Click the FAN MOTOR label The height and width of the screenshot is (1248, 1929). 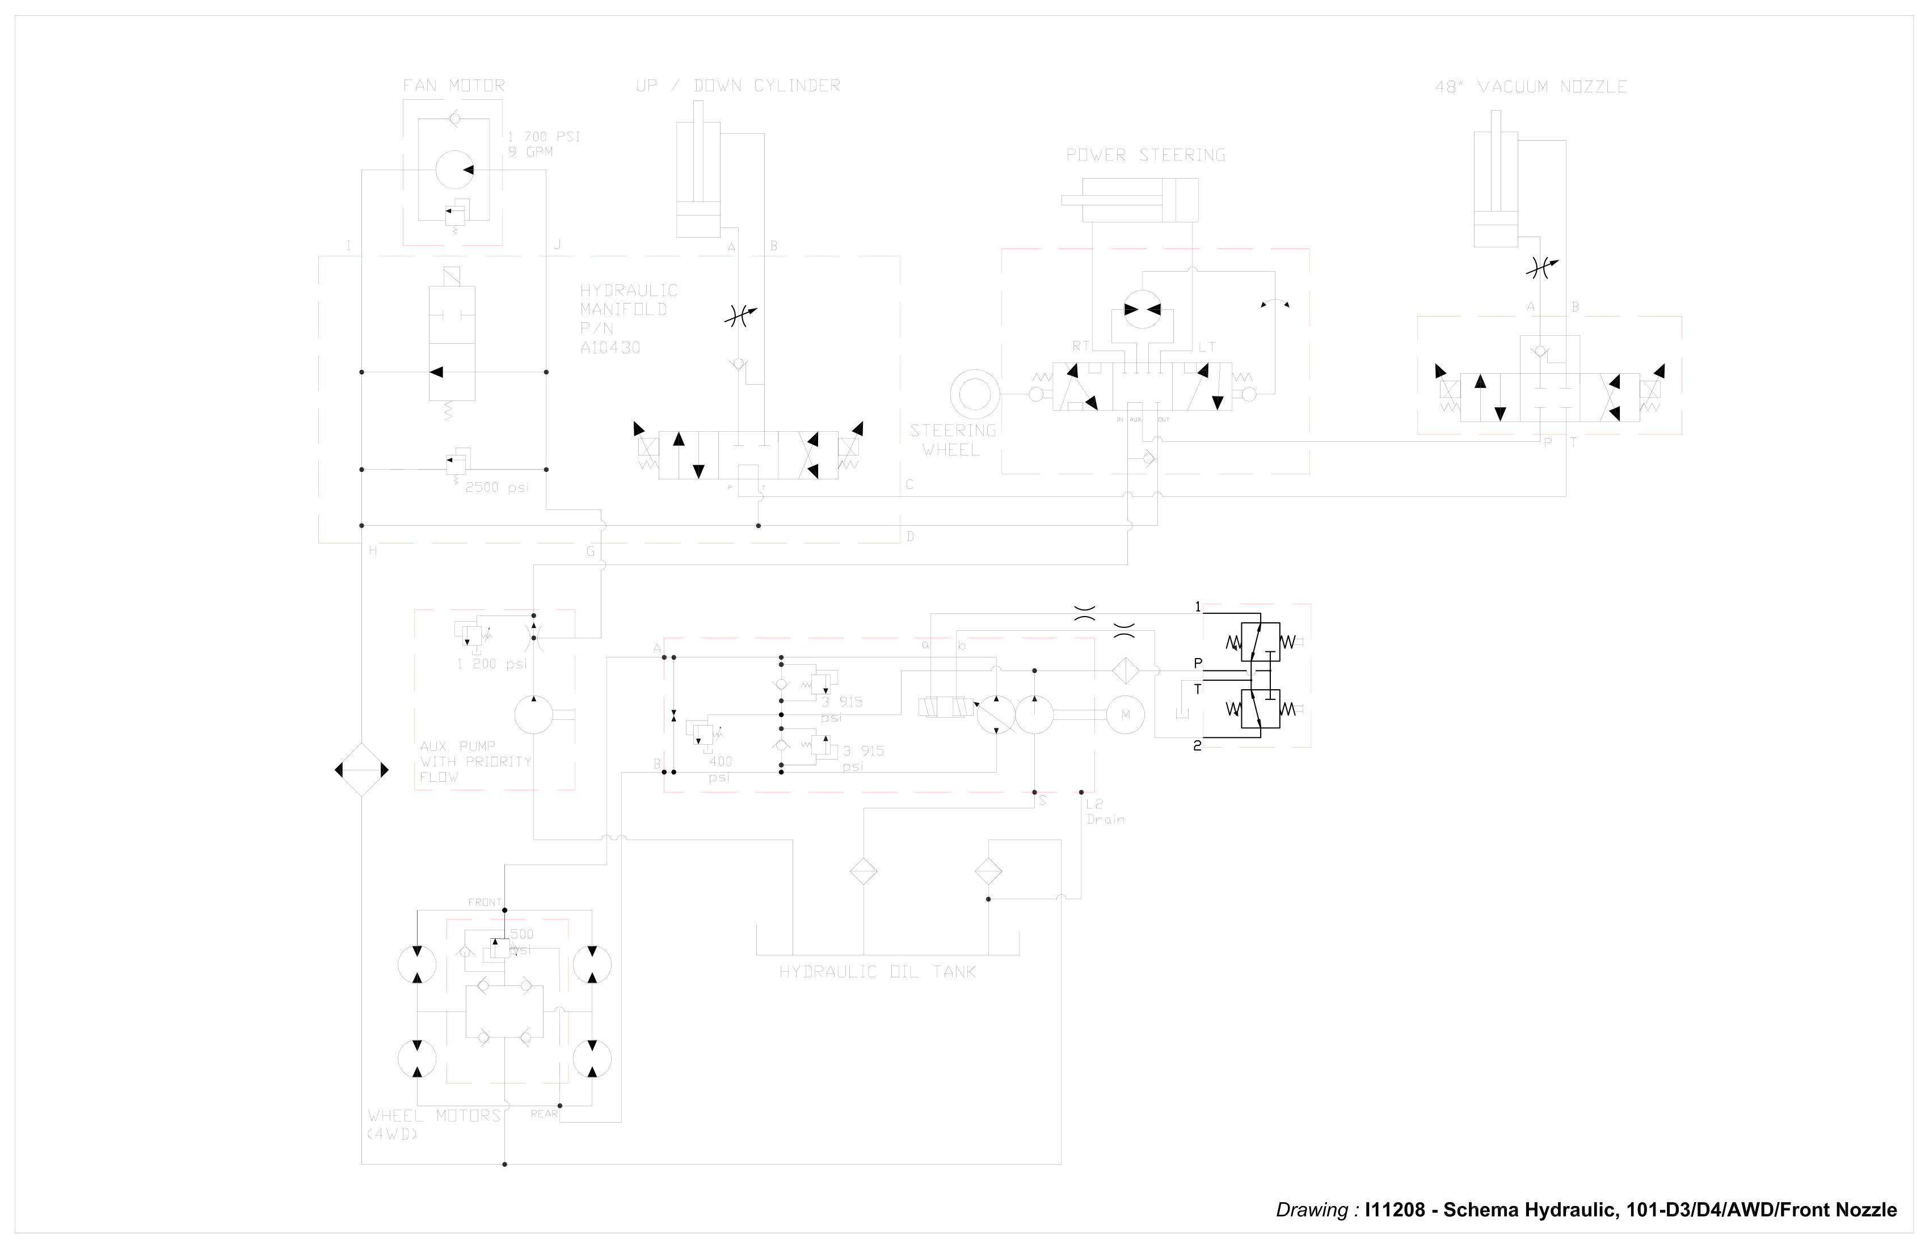pyautogui.click(x=453, y=85)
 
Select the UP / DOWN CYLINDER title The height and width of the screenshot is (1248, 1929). pyautogui.click(x=738, y=85)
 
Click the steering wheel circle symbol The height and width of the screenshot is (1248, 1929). pyautogui.click(x=974, y=395)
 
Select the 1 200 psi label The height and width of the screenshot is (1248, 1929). pyautogui.click(x=491, y=664)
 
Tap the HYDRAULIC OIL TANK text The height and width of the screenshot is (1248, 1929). pyautogui.click(x=877, y=972)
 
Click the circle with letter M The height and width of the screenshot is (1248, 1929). pyautogui.click(x=1125, y=715)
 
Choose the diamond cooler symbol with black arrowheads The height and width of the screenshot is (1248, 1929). pyautogui.click(x=361, y=770)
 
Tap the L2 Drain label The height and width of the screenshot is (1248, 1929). pyautogui.click(x=1105, y=811)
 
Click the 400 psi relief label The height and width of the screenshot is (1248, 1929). pyautogui.click(x=720, y=769)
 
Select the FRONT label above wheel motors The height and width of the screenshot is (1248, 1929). pyautogui.click(x=484, y=902)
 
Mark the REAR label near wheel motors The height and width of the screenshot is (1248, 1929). pyautogui.click(x=544, y=1114)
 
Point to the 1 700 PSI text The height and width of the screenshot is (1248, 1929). pyautogui.click(x=544, y=136)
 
